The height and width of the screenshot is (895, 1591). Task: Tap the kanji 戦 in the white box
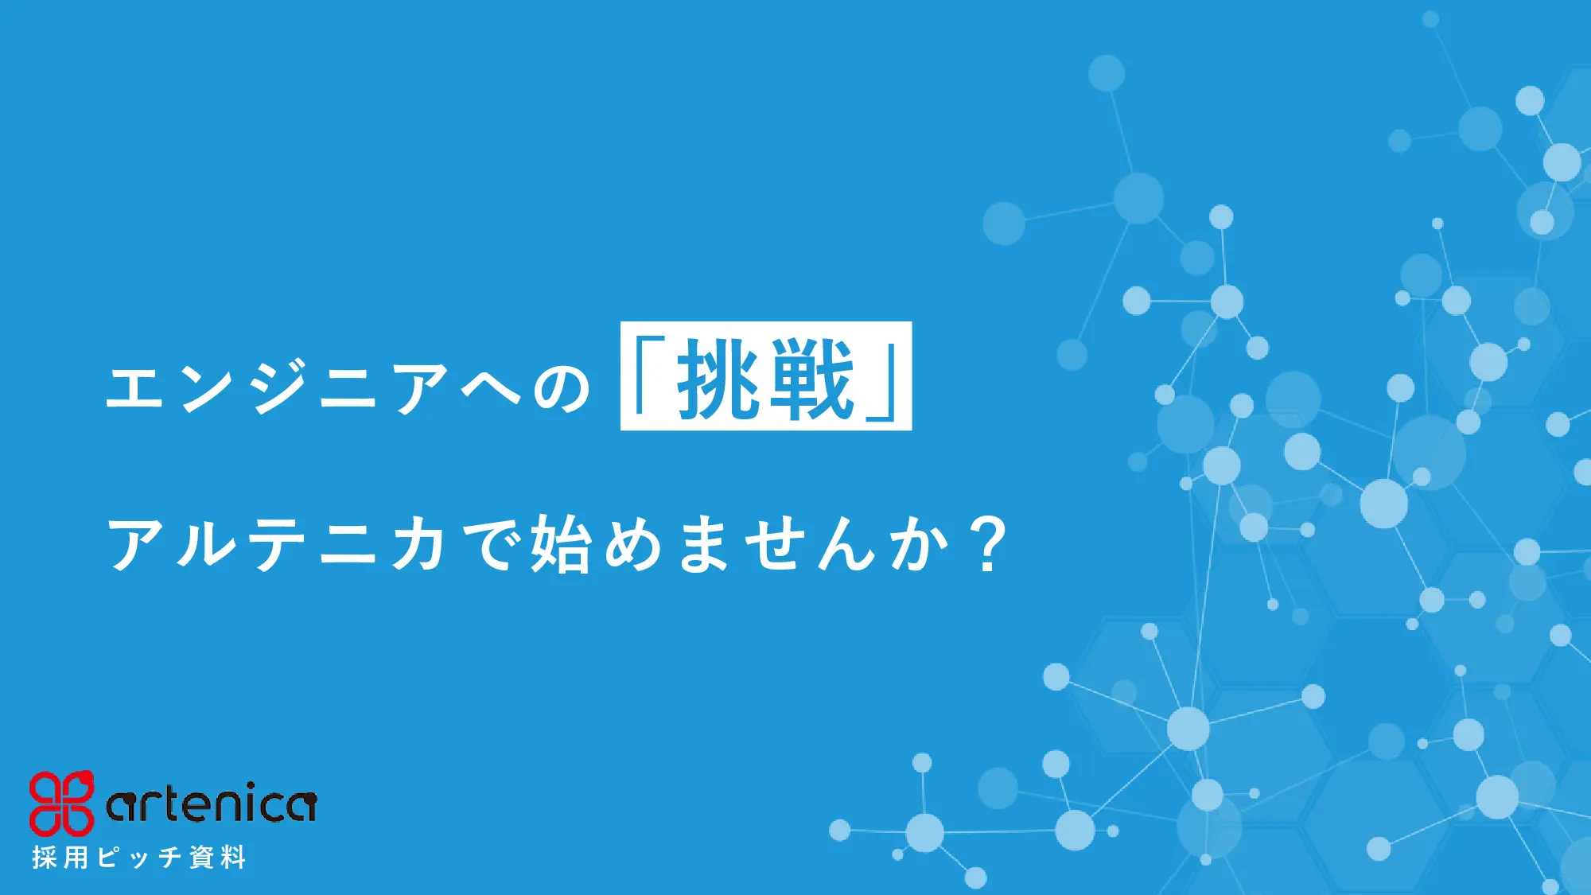pyautogui.click(x=812, y=378)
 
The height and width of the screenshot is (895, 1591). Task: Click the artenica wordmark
pyautogui.click(x=212, y=804)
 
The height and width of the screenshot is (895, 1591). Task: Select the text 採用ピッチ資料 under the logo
pyautogui.click(x=139, y=858)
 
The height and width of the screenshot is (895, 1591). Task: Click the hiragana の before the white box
pyautogui.click(x=562, y=388)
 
